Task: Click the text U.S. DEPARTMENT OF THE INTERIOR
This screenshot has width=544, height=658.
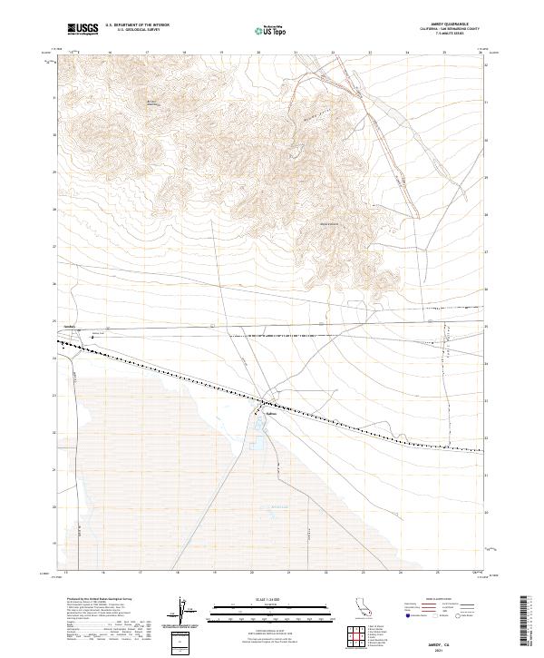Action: click(138, 25)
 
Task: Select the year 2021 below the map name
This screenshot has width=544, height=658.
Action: click(439, 651)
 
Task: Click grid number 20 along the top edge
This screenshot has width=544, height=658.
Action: click(258, 54)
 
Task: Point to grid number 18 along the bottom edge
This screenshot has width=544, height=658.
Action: click(178, 573)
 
